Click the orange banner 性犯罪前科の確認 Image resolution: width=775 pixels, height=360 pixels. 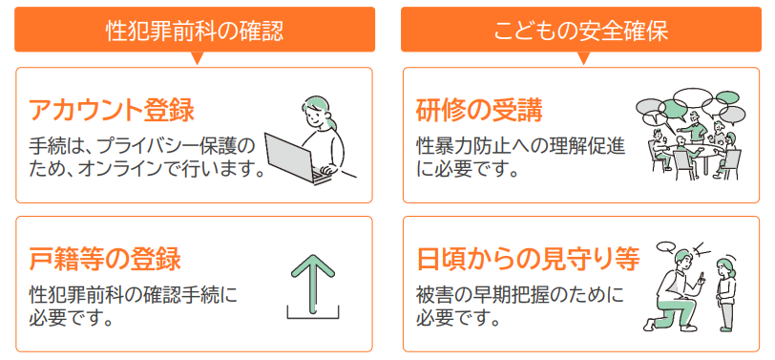tap(194, 30)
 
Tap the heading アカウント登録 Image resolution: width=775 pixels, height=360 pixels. tap(112, 110)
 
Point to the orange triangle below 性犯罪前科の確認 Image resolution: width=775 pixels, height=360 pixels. tap(198, 59)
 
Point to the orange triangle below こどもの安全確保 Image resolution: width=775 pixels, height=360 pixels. tap(583, 59)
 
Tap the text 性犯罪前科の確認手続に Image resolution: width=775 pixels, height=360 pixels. tap(133, 294)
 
